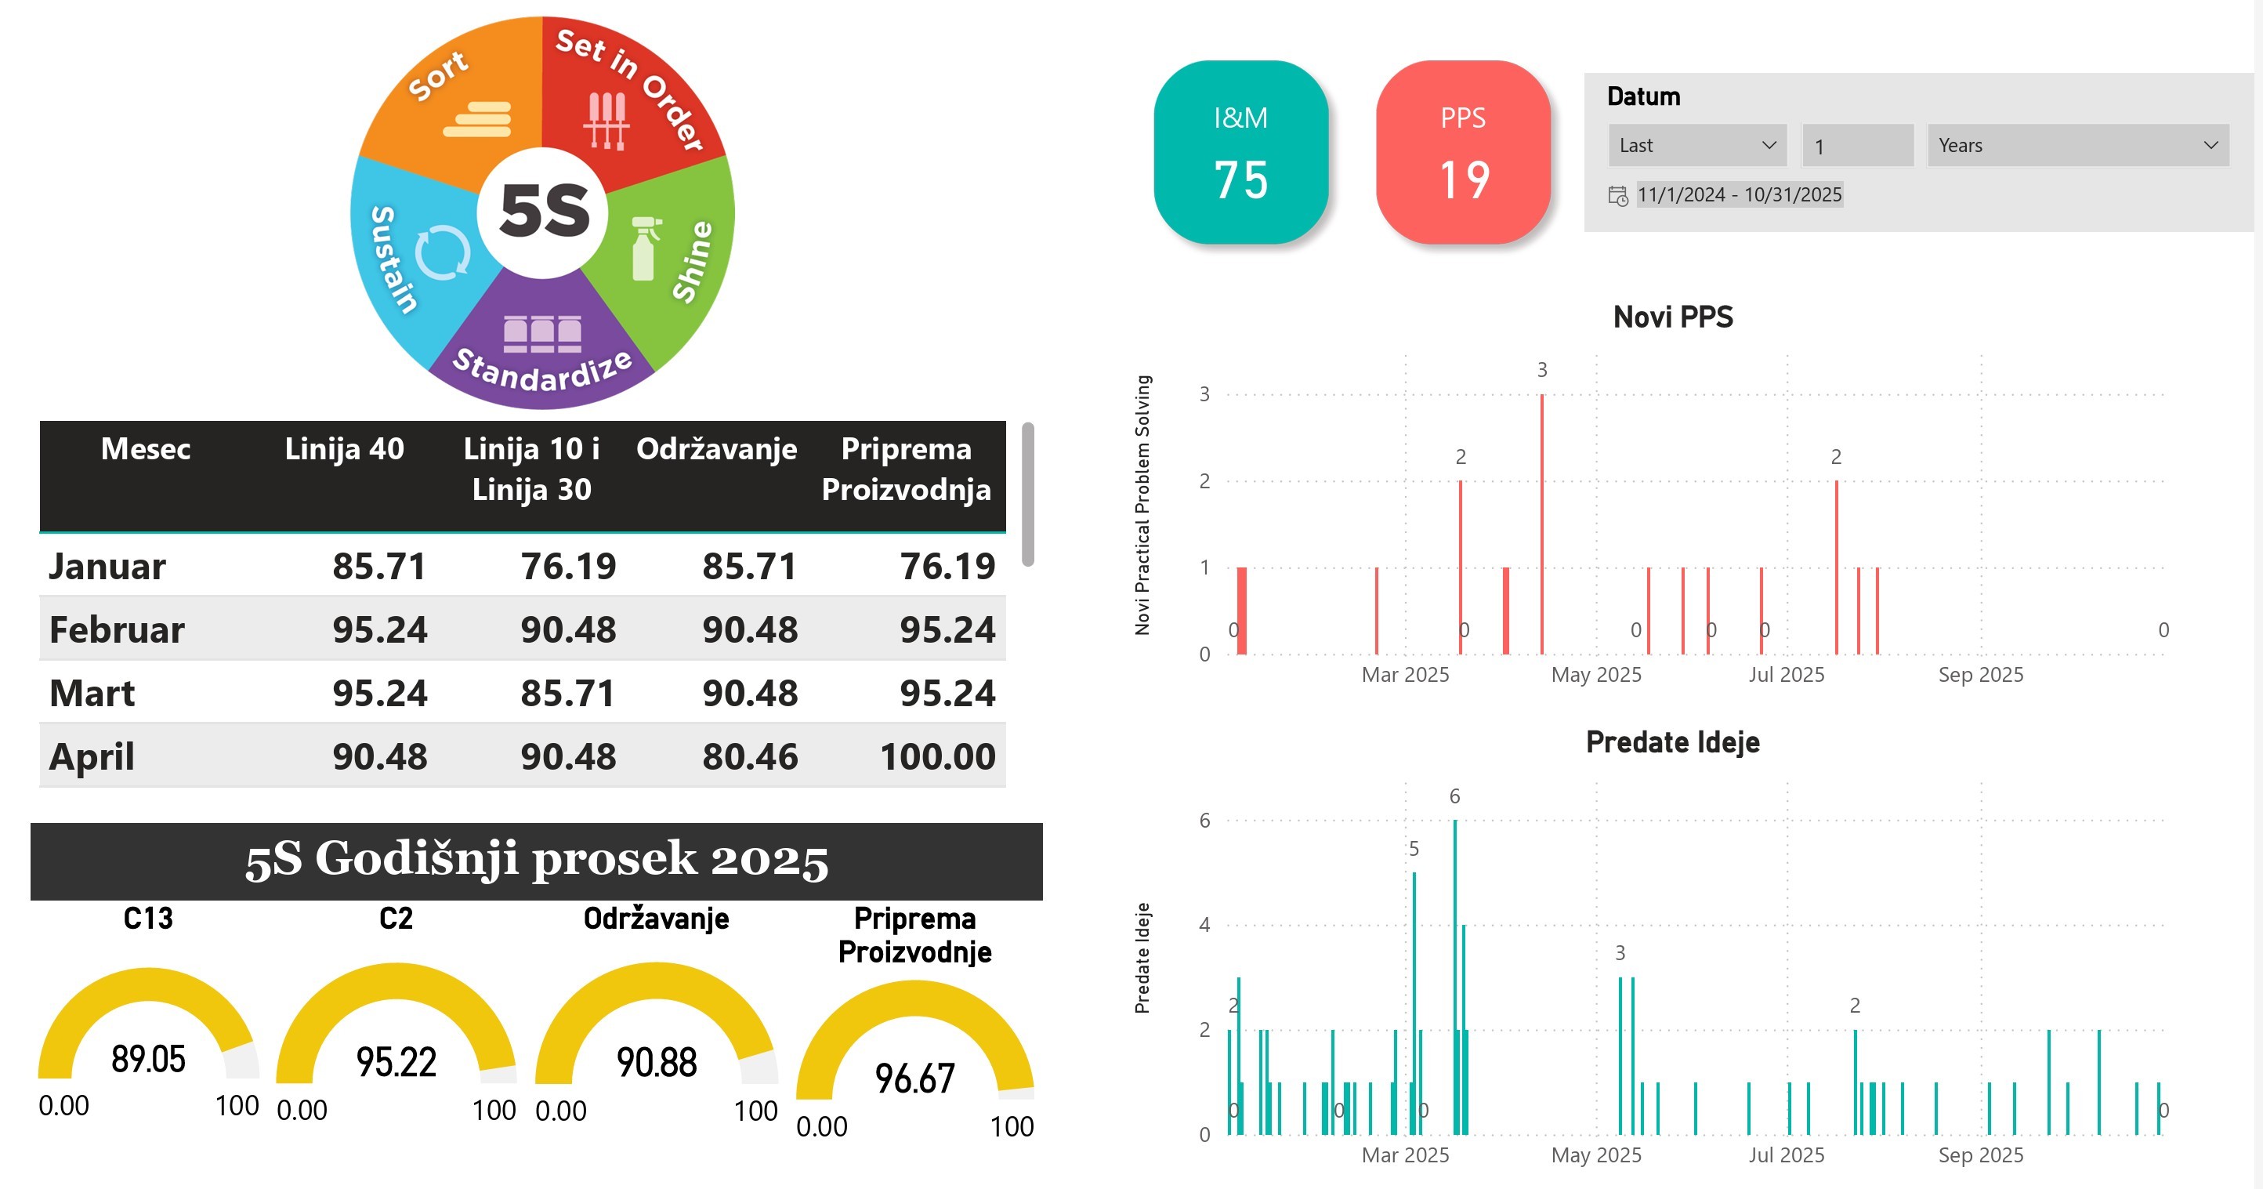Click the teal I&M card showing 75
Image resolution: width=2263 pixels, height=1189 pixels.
[1240, 152]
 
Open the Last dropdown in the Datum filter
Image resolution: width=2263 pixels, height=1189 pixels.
[1696, 146]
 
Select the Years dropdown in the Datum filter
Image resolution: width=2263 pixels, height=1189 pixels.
[2077, 146]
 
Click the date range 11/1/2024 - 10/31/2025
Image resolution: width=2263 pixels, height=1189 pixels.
[1739, 195]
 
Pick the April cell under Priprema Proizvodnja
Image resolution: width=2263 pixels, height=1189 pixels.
[936, 756]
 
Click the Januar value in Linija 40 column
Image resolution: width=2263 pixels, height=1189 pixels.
[378, 567]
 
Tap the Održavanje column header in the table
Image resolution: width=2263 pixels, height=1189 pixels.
[716, 449]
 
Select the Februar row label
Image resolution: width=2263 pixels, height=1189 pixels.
[117, 630]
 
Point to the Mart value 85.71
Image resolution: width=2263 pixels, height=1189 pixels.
[567, 694]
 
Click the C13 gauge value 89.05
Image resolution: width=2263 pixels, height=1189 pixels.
[148, 1059]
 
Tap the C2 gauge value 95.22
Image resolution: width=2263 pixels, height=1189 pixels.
[396, 1061]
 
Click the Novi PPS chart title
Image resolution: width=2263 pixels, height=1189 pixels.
[1673, 317]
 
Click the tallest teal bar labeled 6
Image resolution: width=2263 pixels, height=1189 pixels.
[1455, 976]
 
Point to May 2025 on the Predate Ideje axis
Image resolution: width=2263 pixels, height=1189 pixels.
[1595, 1155]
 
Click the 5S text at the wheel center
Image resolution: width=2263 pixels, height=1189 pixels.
[544, 212]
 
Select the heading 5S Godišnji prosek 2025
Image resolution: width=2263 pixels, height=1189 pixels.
[536, 861]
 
